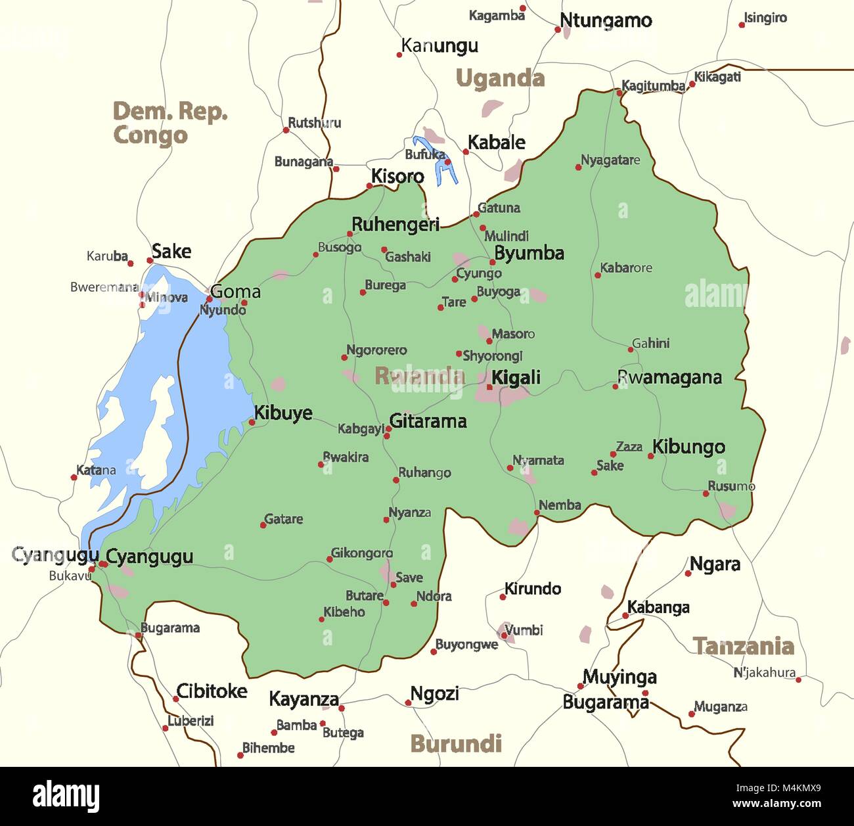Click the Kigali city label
point(516,377)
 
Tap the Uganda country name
point(500,79)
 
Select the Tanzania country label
point(744,646)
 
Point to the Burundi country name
point(455,743)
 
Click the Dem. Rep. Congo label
point(169,123)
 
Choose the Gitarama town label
point(428,421)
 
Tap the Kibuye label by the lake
point(283,413)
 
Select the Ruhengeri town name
point(395,225)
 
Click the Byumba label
point(529,253)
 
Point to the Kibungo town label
point(688,447)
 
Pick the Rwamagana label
point(669,377)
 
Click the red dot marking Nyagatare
point(578,167)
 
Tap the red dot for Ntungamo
point(558,29)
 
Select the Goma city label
point(235,292)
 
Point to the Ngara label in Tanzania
point(715,564)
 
